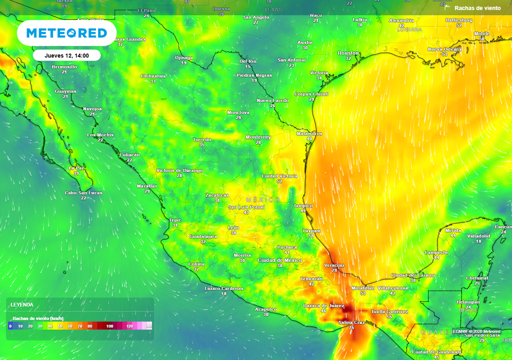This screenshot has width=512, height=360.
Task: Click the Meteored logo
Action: [66, 33]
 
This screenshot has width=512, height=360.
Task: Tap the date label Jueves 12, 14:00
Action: [66, 55]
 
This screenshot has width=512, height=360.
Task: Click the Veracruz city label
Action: [334, 265]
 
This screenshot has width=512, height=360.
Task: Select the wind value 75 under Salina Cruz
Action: [351, 327]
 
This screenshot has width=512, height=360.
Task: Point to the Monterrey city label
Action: [258, 137]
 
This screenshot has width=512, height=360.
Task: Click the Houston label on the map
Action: [348, 53]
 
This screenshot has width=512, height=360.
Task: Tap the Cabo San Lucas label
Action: [83, 193]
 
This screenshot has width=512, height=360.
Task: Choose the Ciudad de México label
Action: [279, 260]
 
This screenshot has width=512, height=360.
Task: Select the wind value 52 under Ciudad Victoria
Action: [279, 181]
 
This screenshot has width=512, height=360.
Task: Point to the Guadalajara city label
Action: [203, 236]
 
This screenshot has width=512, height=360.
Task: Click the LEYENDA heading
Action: [22, 304]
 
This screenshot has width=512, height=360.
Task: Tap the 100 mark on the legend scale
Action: [109, 326]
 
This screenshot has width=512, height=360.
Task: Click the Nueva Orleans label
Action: [444, 49]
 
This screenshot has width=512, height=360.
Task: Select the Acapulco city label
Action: [265, 309]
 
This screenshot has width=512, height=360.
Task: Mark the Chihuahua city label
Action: [153, 76]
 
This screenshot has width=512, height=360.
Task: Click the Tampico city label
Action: [303, 205]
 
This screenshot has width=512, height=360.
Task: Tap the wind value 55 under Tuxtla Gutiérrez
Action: [389, 317]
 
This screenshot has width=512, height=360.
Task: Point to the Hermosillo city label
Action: [64, 66]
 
